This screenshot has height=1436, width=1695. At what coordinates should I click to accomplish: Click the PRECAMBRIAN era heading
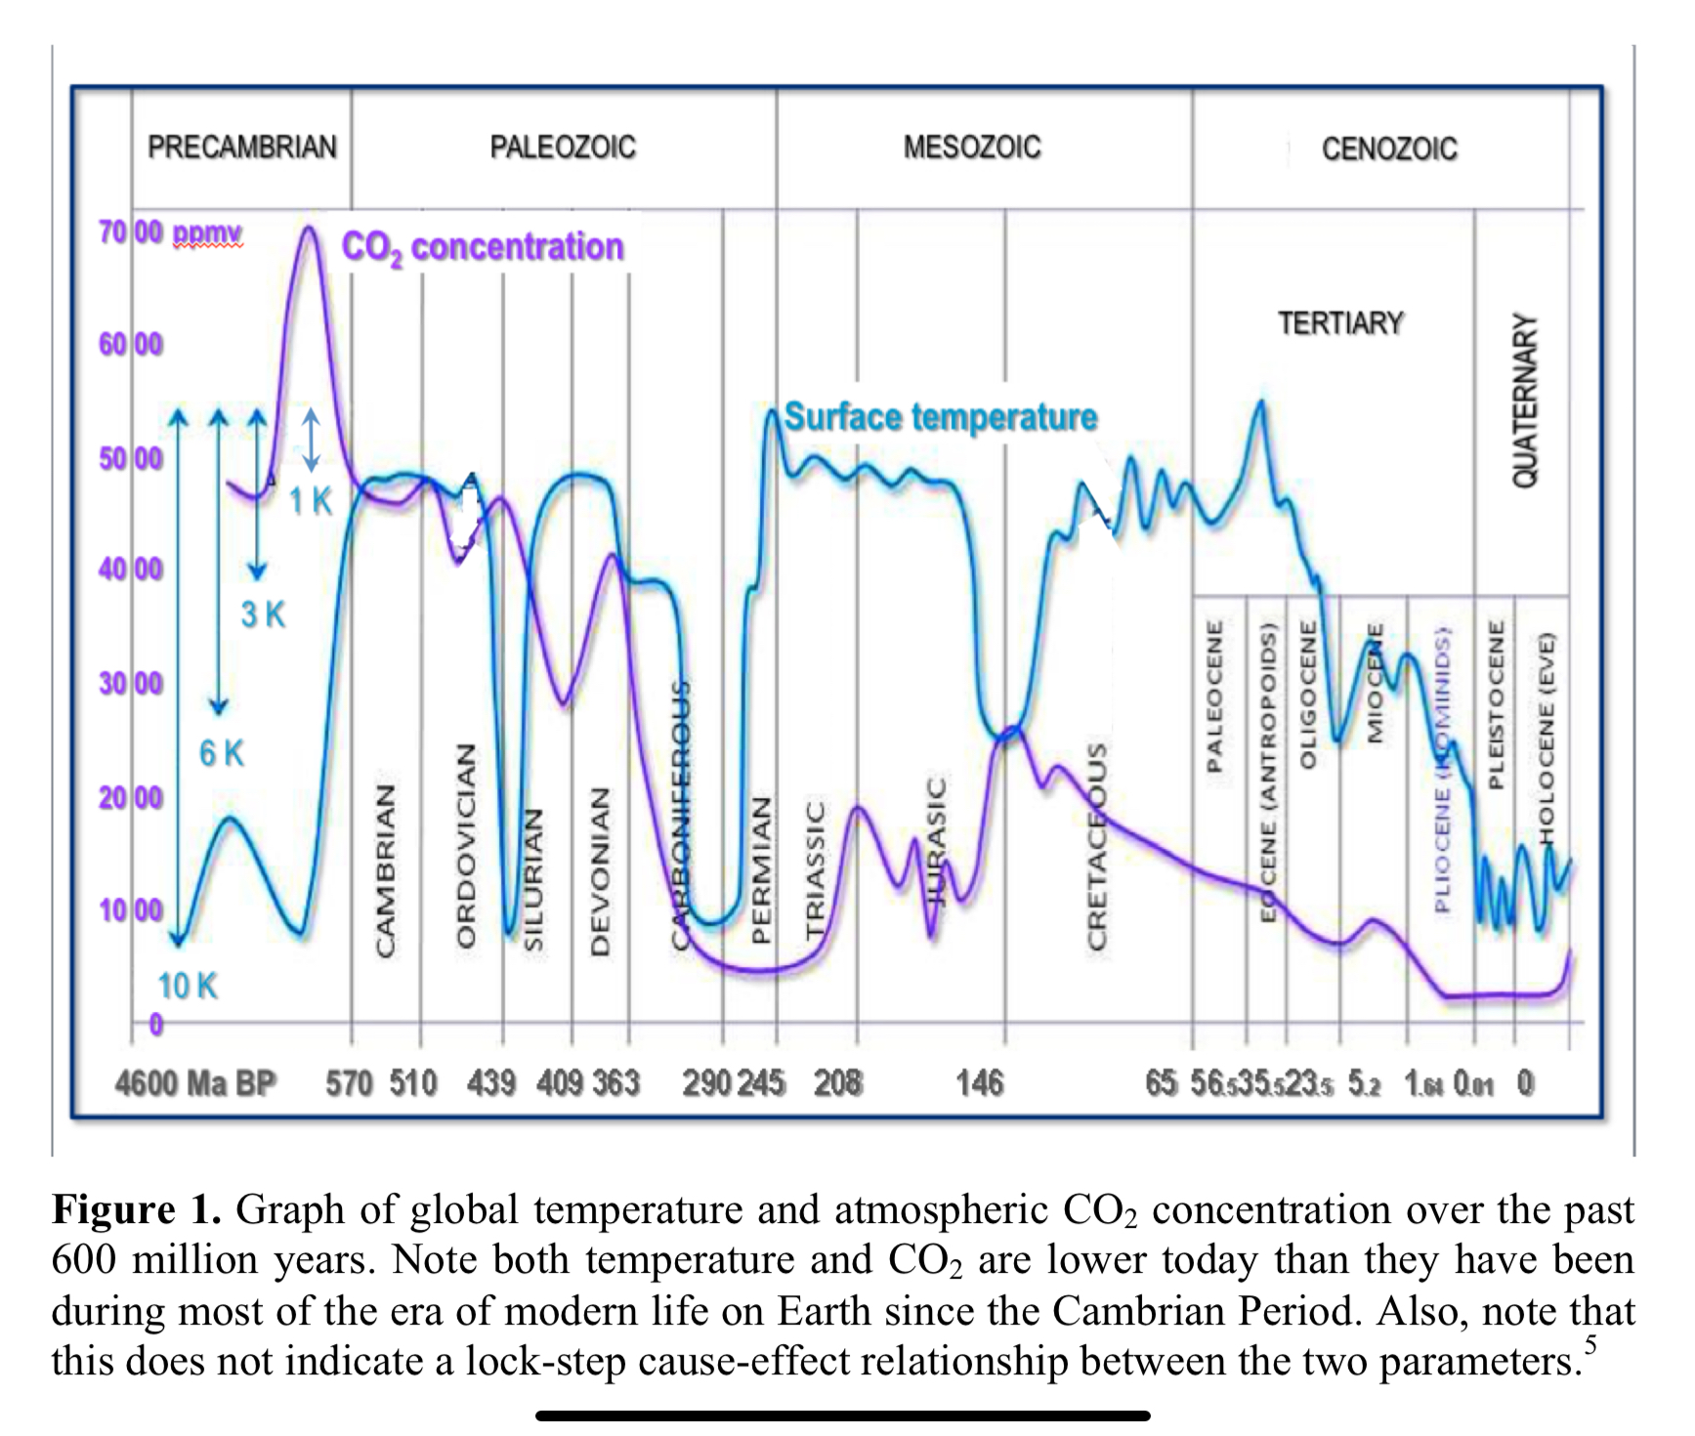click(241, 147)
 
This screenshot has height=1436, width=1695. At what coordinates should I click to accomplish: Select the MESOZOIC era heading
click(971, 147)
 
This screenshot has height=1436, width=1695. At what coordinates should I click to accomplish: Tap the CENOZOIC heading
click(1388, 148)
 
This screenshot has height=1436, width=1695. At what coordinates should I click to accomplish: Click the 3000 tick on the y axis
click(131, 683)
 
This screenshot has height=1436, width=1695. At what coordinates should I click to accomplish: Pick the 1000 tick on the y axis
click(131, 910)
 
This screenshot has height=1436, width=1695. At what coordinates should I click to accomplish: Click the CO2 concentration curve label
click(482, 247)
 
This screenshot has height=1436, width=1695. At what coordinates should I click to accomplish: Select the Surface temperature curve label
click(941, 417)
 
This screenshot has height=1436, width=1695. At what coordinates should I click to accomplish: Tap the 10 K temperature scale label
click(187, 986)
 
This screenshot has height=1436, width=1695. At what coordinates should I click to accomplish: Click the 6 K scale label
click(221, 753)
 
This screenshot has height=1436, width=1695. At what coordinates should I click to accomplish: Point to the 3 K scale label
click(263, 614)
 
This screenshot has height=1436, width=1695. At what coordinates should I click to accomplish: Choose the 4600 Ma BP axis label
click(195, 1083)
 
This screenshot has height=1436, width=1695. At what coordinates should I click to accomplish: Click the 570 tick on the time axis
click(350, 1083)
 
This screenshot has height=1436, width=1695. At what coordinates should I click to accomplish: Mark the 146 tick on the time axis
click(980, 1082)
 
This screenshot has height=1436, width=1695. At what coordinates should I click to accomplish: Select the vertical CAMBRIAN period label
click(386, 868)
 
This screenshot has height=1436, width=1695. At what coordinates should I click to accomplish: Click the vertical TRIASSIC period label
click(815, 870)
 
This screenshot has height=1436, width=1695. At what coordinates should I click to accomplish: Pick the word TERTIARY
click(1340, 323)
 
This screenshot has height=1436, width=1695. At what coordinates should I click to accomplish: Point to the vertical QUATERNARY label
click(1524, 401)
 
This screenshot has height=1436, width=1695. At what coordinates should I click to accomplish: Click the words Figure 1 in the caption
click(136, 1209)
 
